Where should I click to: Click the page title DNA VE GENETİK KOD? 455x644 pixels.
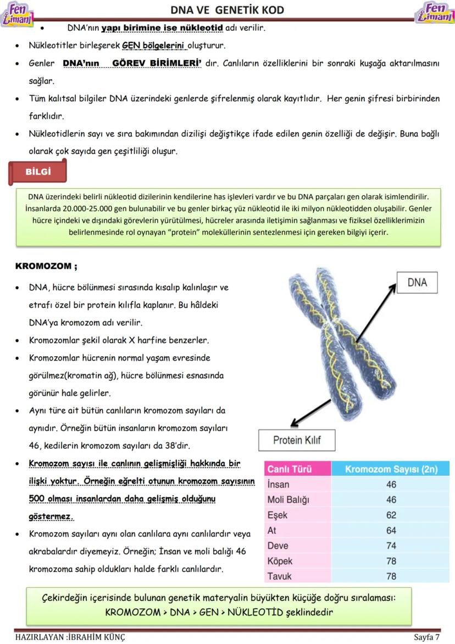point(227,10)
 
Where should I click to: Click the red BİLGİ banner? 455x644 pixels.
point(38,172)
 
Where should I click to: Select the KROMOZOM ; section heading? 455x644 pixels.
point(46,266)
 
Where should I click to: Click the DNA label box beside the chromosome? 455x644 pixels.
point(417,282)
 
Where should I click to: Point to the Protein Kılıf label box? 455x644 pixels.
point(297,439)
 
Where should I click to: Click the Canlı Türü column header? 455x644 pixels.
point(290,469)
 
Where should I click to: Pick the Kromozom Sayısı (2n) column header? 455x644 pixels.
point(391,469)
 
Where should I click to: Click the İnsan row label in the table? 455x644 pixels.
point(278,485)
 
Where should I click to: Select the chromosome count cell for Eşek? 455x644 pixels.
point(391,515)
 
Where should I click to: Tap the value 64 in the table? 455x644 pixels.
point(391,531)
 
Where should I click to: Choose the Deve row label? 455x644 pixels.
point(278,546)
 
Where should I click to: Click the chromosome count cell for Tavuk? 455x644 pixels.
point(391,576)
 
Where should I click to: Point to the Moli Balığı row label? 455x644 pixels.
point(288,500)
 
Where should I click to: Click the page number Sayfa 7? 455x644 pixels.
point(426,637)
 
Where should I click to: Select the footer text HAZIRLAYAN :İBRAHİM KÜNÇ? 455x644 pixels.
point(70,637)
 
